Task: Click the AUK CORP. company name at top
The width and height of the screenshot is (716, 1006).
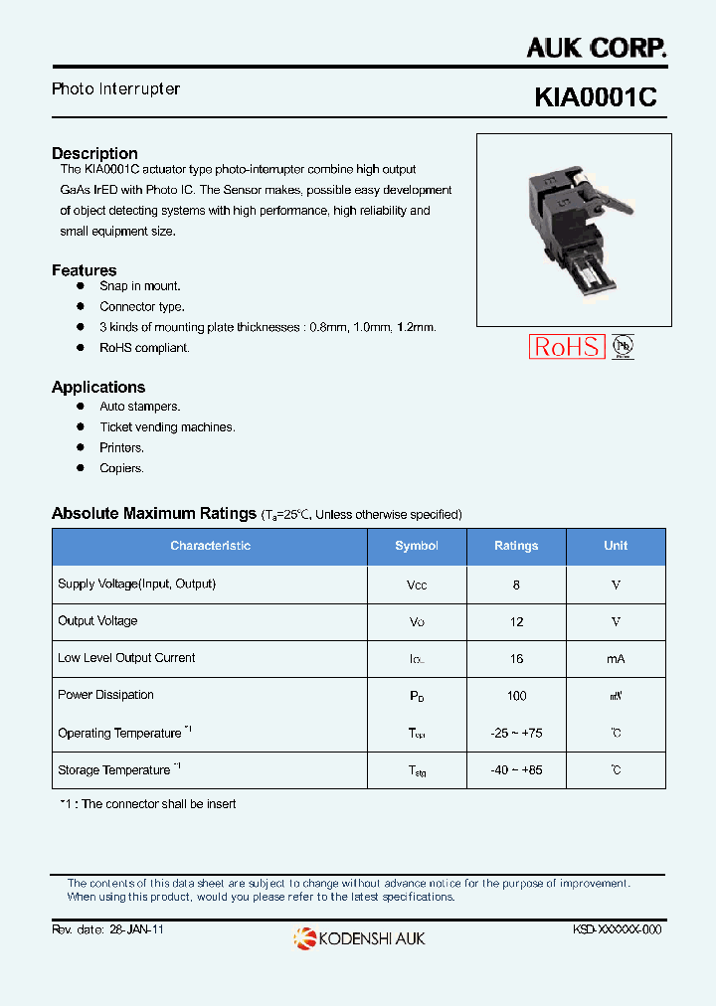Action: pos(597,47)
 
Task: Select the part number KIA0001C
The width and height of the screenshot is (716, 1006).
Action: pos(596,97)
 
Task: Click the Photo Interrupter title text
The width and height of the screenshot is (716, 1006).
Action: pos(115,89)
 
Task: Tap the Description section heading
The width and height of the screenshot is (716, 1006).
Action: pos(94,153)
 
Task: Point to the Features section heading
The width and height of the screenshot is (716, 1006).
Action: pos(84,270)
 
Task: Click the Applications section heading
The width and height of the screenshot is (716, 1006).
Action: pos(98,388)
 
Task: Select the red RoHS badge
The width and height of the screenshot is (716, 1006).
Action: pos(566,346)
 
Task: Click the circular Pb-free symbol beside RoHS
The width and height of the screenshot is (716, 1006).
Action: pos(623,346)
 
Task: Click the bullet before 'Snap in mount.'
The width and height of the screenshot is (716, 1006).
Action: pos(81,286)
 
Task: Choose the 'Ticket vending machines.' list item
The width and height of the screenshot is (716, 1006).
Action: pos(167,427)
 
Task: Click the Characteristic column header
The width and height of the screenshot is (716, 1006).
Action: pos(210,546)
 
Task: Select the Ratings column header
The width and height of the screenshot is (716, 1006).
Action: pos(516,546)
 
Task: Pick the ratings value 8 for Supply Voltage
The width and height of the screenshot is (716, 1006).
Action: pos(516,586)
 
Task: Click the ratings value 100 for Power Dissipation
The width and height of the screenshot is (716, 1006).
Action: pos(516,696)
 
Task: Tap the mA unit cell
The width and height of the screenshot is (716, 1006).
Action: pos(616,659)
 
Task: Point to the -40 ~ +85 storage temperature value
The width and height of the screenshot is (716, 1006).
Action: pos(516,770)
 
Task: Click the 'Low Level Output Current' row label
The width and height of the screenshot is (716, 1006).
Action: pos(126,658)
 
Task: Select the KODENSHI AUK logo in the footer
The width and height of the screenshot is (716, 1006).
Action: pos(359,937)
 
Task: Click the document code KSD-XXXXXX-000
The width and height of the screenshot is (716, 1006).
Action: pos(617,929)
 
